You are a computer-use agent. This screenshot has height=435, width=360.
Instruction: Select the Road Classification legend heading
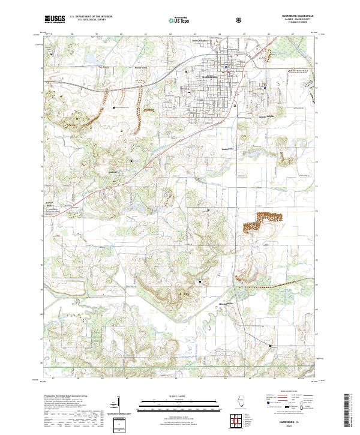point(289,394)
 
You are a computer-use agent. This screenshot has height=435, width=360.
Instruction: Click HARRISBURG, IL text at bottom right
point(290,422)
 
